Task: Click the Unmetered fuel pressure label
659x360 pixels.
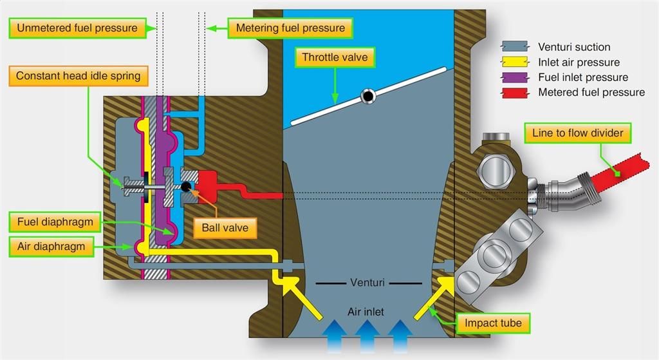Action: [77, 28]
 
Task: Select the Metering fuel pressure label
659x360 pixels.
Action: [290, 28]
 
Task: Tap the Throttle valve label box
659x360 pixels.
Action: [335, 57]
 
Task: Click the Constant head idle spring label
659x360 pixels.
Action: [78, 76]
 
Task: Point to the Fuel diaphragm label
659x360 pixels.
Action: [55, 222]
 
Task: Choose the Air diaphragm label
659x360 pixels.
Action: [51, 247]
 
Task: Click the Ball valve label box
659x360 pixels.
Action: [225, 228]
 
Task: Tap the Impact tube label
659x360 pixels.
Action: [493, 323]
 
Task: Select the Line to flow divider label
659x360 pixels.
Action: [577, 133]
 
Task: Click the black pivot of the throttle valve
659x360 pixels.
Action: [368, 97]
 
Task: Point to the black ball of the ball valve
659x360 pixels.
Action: [186, 185]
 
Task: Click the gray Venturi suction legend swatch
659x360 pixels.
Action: [515, 46]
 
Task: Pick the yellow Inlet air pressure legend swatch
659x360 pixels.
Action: [515, 62]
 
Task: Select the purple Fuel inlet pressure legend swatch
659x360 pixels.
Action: [515, 77]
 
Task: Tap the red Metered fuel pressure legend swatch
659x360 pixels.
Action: [515, 93]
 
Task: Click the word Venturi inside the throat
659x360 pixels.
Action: [367, 282]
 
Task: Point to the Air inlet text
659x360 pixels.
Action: [366, 312]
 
